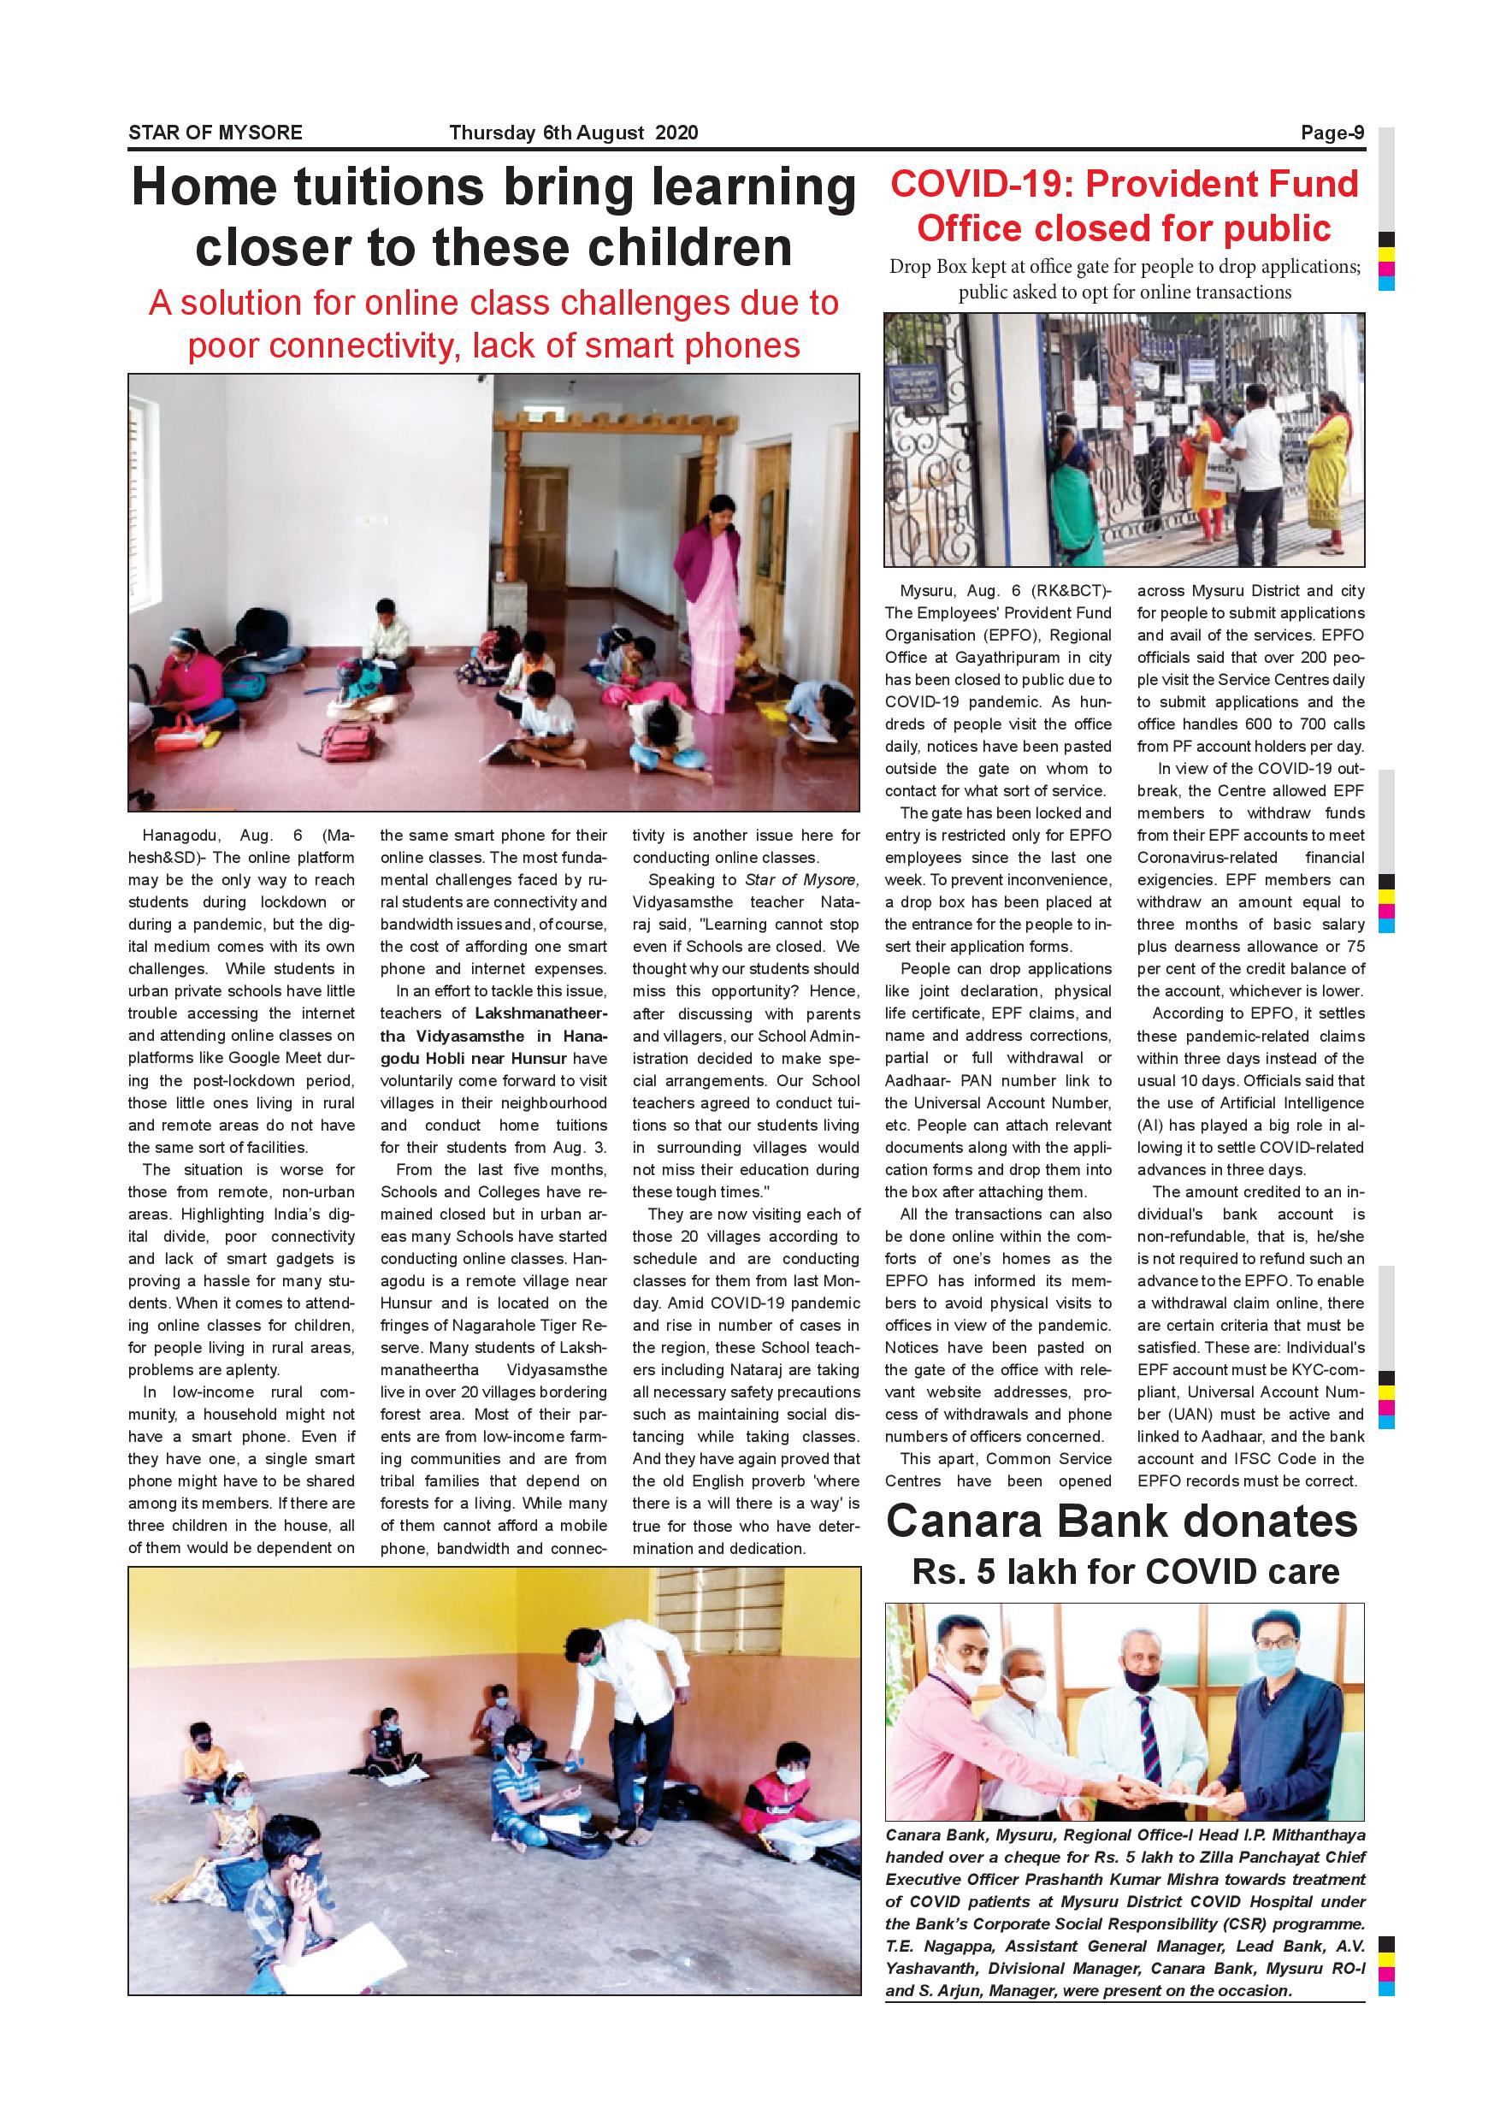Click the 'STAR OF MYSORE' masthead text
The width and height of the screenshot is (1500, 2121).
click(216, 133)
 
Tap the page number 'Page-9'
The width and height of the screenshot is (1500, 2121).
click(1332, 133)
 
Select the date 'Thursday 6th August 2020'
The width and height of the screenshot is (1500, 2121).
click(574, 133)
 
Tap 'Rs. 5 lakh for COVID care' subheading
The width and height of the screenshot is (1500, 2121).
click(1125, 1570)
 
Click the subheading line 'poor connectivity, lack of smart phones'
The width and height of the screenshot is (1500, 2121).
click(494, 346)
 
